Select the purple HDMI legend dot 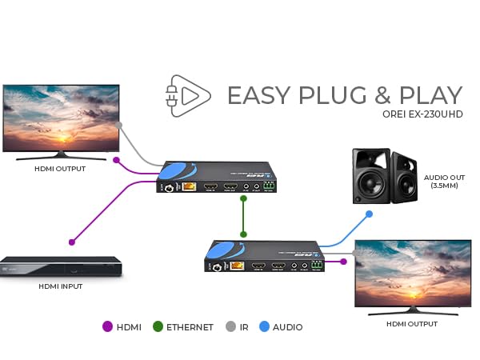pos(108,326)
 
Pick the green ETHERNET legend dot pos(158,326)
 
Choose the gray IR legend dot pos(230,326)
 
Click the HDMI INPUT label pos(61,286)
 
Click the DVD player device pos(61,266)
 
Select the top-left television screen pos(60,118)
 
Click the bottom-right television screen pos(412,274)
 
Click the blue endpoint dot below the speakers pos(369,214)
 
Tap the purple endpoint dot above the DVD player pos(72,241)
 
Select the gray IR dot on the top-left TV pos(118,125)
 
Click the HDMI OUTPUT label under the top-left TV pos(60,169)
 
